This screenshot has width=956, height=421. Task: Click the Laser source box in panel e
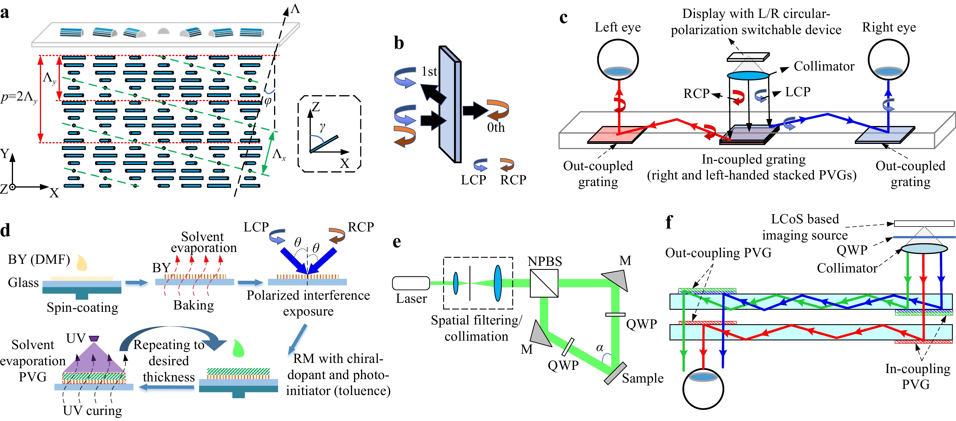pyautogui.click(x=411, y=283)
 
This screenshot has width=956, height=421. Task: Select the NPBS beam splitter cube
pyautogui.click(x=544, y=283)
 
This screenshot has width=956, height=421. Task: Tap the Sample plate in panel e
pyautogui.click(x=615, y=373)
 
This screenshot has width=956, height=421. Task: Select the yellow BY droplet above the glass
pyautogui.click(x=82, y=262)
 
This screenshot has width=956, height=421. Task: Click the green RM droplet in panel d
pyautogui.click(x=238, y=348)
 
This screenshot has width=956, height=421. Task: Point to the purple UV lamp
pyautogui.click(x=94, y=338)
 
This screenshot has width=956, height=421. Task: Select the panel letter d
pyautogui.click(x=5, y=230)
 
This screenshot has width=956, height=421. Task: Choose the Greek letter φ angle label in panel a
pyautogui.click(x=268, y=101)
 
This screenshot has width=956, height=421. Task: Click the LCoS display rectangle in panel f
pyautogui.click(x=924, y=223)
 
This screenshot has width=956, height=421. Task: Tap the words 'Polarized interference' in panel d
pyautogui.click(x=308, y=295)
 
